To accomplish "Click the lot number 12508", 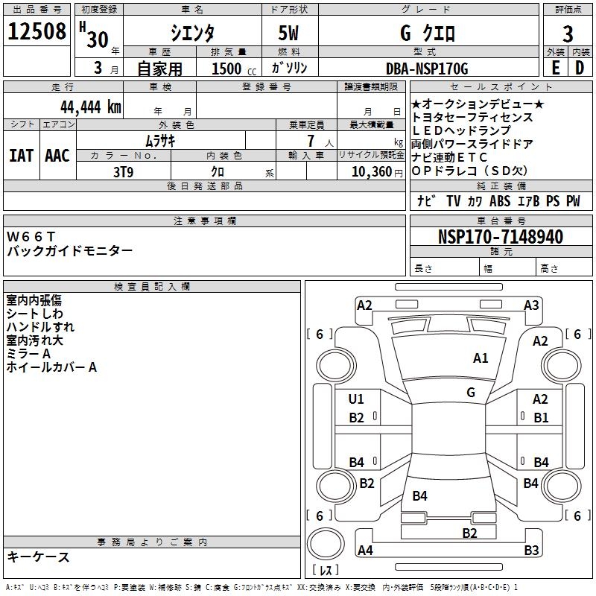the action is [37, 32].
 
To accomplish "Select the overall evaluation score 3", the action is [568, 34].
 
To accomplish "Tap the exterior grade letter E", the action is [555, 68].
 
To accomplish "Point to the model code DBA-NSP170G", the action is [427, 69].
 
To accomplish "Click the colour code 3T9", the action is [123, 171].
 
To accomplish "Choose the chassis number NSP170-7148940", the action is [500, 237].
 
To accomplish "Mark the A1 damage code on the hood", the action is [481, 358].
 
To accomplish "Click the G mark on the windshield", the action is [471, 392].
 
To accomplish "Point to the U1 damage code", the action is [357, 399].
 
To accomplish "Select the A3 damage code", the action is [531, 305].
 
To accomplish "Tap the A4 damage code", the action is [365, 551].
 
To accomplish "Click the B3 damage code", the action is [531, 551].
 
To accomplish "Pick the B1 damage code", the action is [541, 418].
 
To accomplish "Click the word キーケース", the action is [39, 557].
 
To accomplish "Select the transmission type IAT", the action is [21, 156].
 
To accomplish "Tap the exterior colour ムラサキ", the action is [159, 140].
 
